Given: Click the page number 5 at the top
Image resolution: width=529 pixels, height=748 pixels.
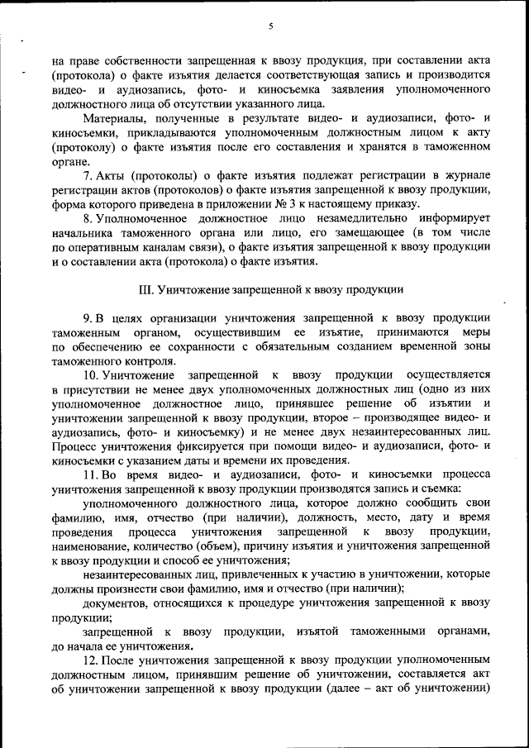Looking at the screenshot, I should (270, 26).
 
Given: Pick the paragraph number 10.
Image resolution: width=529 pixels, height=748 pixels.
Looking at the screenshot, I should (91, 374).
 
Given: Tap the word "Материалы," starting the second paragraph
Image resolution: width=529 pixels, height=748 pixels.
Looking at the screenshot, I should (112, 121).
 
